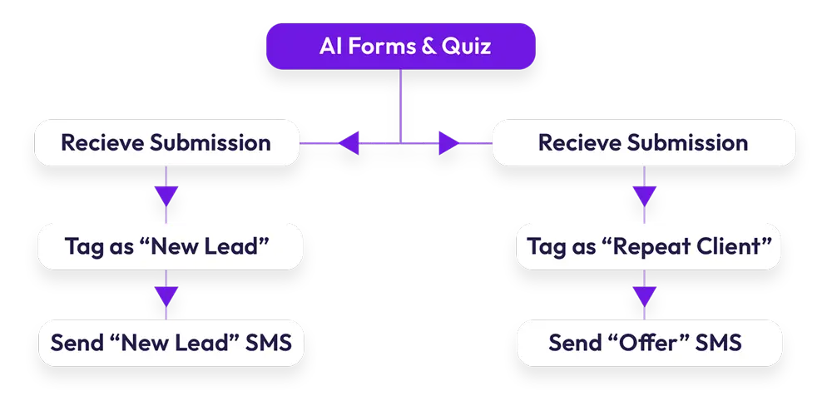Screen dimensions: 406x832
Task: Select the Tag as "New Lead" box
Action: click(171, 246)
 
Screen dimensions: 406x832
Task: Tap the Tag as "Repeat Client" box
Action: click(648, 246)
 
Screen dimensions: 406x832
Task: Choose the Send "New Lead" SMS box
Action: click(171, 342)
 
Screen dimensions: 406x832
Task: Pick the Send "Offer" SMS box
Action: click(648, 342)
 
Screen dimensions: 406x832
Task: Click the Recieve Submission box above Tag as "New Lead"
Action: click(166, 142)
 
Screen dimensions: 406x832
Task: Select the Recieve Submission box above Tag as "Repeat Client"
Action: click(643, 142)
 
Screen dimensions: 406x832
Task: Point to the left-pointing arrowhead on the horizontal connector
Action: click(348, 143)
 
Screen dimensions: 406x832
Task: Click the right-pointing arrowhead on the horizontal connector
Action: click(448, 143)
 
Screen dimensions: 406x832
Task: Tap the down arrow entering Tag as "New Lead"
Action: click(166, 196)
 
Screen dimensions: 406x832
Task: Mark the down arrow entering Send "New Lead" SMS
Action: click(166, 296)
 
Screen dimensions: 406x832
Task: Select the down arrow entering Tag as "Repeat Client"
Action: click(644, 196)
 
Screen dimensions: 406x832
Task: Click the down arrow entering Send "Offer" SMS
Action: click(644, 296)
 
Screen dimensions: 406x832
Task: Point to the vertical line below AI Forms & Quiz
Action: click(401, 104)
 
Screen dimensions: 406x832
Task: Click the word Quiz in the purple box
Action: click(467, 46)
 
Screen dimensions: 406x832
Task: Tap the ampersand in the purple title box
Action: click(429, 46)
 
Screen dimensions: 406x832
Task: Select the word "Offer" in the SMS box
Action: click(656, 342)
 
